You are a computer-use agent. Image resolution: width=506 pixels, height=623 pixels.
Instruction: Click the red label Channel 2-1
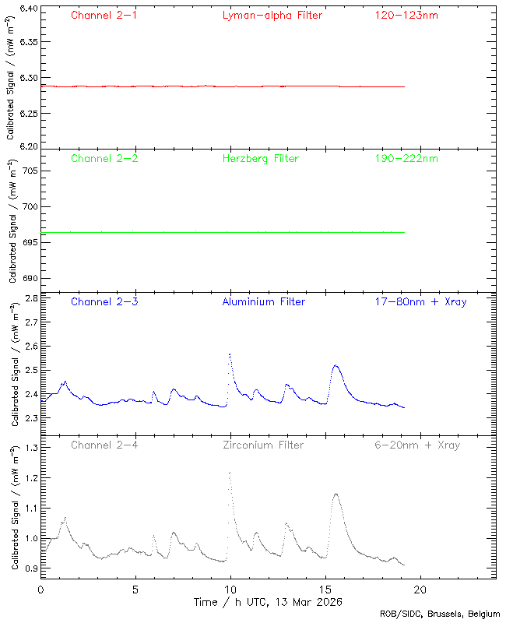(x=104, y=15)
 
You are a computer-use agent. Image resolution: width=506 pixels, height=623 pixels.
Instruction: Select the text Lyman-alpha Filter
(x=272, y=15)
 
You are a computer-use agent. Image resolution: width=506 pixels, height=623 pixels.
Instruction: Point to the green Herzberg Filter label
(x=260, y=158)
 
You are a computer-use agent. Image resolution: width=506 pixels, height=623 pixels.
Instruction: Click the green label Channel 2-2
(x=104, y=158)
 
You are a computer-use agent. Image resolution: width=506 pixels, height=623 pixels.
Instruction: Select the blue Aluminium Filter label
(x=263, y=301)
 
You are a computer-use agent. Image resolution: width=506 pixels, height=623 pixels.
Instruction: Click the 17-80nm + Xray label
(x=420, y=301)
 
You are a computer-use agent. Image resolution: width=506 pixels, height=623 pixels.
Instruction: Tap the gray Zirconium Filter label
(x=263, y=445)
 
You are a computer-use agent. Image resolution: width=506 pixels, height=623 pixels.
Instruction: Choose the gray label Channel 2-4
(x=104, y=445)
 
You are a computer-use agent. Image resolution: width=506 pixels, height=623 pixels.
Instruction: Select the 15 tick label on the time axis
(x=325, y=590)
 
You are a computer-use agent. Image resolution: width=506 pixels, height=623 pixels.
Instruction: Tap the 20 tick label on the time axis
(x=420, y=590)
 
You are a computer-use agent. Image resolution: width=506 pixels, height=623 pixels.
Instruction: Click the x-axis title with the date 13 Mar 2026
(x=268, y=602)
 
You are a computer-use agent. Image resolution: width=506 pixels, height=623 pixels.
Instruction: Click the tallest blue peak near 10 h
(x=230, y=354)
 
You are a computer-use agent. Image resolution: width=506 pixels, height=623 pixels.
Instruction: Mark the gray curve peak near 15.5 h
(x=336, y=493)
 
